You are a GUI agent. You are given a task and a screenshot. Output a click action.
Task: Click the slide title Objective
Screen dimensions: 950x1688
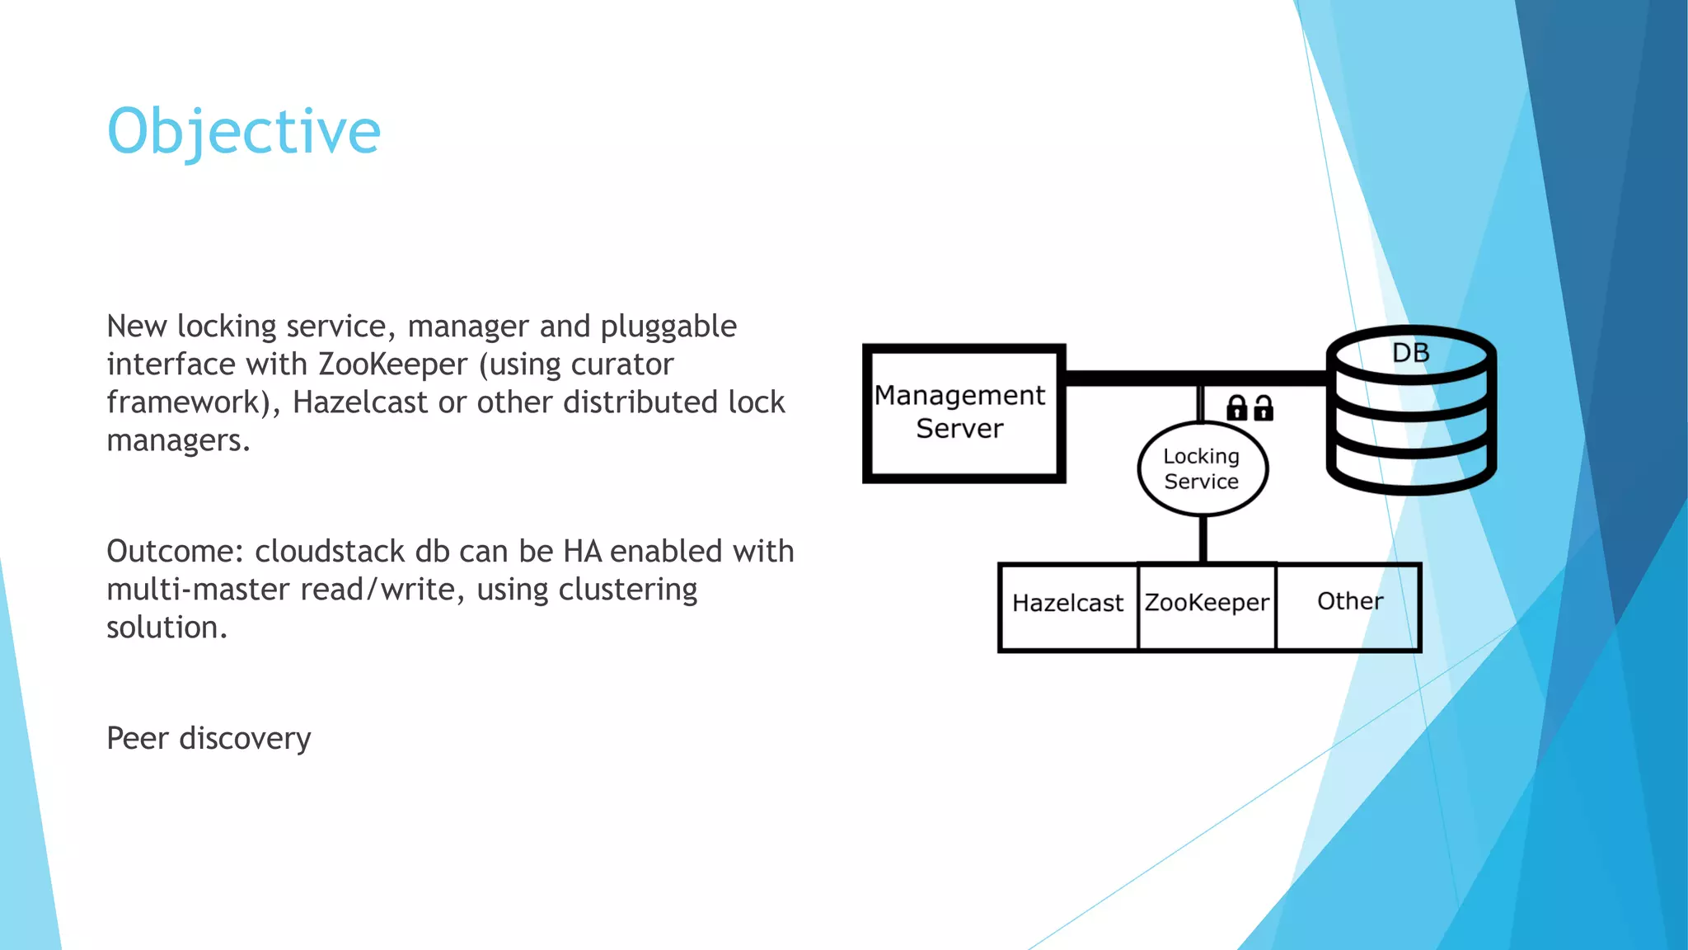(x=244, y=132)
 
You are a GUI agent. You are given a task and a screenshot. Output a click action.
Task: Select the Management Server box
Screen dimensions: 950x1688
(x=963, y=413)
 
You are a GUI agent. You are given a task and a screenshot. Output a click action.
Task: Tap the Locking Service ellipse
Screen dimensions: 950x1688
(x=1202, y=468)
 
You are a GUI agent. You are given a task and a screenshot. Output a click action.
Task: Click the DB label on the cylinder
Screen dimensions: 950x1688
(x=1410, y=353)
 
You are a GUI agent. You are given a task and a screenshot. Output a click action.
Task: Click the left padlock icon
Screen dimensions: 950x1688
(x=1236, y=407)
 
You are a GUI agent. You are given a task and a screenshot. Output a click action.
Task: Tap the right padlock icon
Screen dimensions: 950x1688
(x=1264, y=407)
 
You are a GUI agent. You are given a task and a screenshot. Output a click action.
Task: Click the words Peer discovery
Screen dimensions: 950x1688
(x=209, y=738)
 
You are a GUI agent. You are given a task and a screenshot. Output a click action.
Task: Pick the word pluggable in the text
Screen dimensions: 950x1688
(x=668, y=327)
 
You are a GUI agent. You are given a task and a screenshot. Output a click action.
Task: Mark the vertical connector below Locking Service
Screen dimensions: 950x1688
(x=1203, y=539)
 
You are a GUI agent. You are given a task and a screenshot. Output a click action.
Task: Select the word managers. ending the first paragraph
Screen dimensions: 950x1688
(x=178, y=440)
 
